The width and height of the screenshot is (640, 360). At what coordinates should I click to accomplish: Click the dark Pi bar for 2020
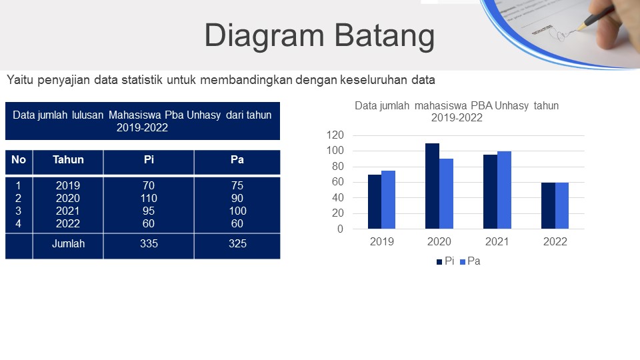432,186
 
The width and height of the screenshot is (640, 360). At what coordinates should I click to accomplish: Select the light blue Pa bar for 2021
504,190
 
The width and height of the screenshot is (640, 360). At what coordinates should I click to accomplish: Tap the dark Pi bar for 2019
375,201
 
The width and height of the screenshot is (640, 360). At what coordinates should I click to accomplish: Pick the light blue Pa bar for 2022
562,206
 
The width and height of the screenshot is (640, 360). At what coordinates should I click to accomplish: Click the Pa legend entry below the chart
470,261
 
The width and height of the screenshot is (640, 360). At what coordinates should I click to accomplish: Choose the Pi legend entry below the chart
445,261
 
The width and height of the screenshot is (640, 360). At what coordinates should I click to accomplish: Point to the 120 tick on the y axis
335,135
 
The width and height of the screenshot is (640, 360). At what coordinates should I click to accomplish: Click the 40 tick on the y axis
337,197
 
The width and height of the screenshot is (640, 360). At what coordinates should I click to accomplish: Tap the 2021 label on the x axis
497,241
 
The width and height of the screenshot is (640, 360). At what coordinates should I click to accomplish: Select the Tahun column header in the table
68,159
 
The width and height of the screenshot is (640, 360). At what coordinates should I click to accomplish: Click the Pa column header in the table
237,159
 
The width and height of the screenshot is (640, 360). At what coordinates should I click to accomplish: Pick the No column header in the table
19,159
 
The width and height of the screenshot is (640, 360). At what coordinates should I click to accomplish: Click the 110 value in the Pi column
149,199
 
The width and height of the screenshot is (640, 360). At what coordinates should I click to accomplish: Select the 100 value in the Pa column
237,211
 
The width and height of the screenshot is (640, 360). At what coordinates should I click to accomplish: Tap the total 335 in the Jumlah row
149,244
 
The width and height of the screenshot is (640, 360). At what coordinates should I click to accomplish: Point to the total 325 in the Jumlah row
237,244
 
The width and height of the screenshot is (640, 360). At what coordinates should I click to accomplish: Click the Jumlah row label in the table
68,244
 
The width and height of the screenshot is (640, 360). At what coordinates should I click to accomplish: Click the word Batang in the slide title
385,36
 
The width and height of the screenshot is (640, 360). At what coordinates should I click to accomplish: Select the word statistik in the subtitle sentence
142,79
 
